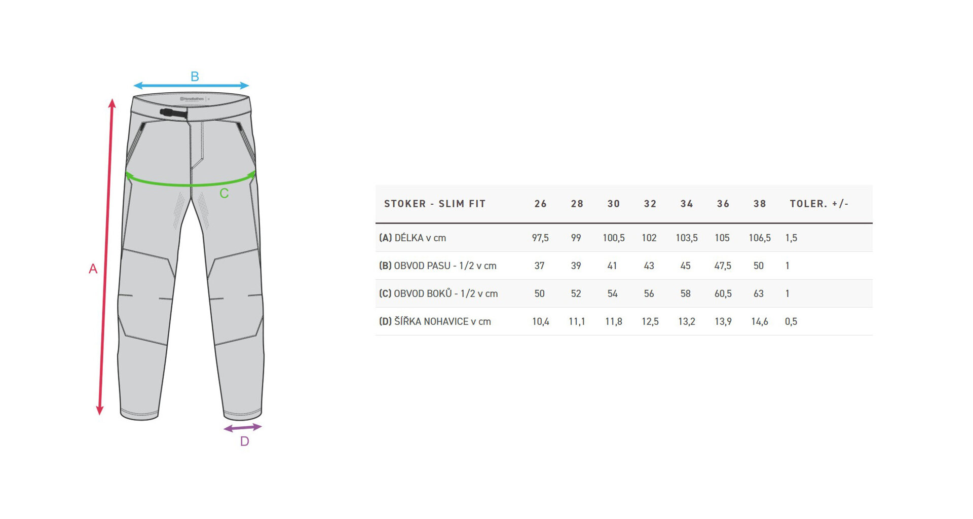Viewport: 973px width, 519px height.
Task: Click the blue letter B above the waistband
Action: [195, 77]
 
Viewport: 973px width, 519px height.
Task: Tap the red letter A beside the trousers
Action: [93, 269]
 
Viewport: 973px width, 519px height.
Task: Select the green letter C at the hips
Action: [224, 193]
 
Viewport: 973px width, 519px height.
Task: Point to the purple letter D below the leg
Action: [244, 441]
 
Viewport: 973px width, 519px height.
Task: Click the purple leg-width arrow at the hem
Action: [243, 428]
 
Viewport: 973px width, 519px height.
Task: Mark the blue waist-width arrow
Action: [191, 86]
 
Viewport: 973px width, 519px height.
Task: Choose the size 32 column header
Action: [650, 204]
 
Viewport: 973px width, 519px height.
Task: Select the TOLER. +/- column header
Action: [819, 204]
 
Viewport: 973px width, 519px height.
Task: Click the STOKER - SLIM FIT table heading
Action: [435, 204]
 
